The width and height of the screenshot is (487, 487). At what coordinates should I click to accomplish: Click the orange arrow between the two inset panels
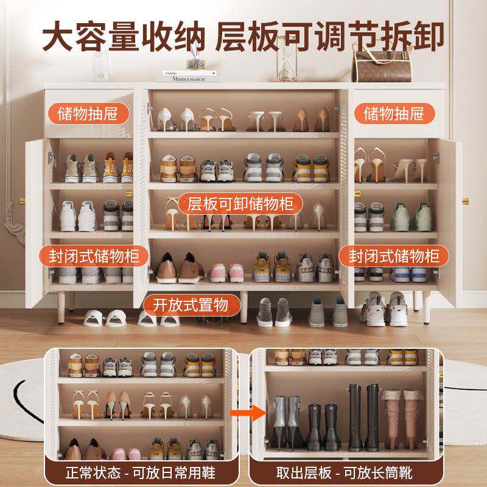[248, 413]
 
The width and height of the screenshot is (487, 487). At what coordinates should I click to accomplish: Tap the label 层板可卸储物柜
[240, 204]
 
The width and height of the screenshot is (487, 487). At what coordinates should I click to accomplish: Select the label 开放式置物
[191, 305]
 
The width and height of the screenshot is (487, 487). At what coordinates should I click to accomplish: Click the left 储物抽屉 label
[88, 114]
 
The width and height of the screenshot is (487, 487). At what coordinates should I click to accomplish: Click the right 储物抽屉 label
[394, 114]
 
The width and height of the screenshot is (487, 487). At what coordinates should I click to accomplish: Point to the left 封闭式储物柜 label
[94, 256]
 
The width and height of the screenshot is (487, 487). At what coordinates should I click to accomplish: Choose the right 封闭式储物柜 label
[394, 256]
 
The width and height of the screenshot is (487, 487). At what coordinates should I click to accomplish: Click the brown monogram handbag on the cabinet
[382, 65]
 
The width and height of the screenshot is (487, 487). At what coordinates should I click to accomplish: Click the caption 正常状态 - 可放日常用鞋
[141, 473]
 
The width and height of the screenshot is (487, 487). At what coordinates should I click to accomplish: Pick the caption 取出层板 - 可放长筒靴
[344, 473]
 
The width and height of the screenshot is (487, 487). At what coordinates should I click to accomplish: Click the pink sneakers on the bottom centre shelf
[226, 273]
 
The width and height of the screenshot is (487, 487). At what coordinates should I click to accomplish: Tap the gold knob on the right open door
[466, 201]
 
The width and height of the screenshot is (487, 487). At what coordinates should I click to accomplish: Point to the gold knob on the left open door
[22, 201]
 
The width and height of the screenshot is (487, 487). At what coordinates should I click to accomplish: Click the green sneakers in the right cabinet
[411, 217]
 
